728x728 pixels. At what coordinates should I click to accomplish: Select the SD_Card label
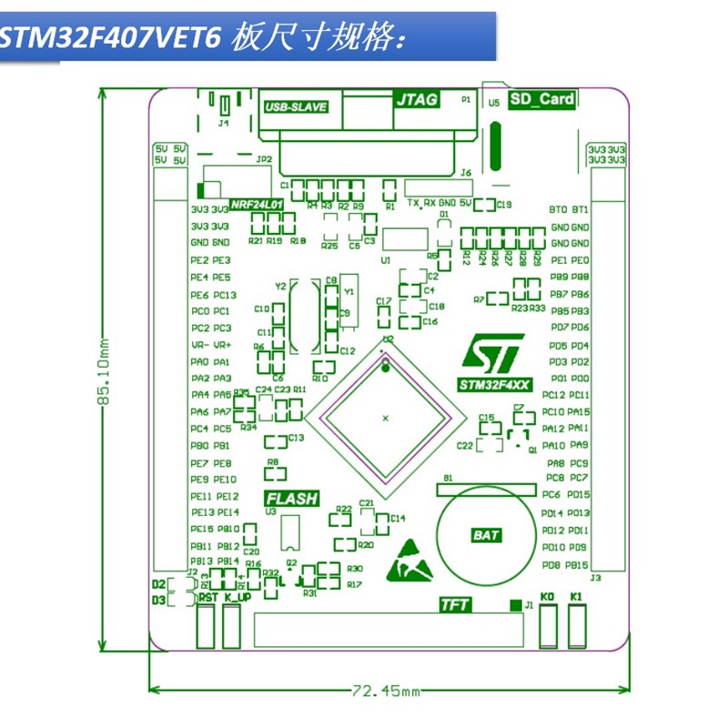click(542, 99)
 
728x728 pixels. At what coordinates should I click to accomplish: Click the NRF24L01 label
click(258, 206)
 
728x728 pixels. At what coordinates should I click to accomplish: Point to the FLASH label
click(292, 499)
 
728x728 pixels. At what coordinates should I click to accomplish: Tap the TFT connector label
click(454, 604)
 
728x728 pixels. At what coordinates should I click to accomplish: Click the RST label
click(208, 598)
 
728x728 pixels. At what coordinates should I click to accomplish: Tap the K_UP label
click(238, 598)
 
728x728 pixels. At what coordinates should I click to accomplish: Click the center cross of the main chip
click(385, 418)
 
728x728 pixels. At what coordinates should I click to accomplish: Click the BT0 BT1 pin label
click(569, 209)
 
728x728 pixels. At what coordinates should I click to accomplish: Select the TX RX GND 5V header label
click(439, 203)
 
